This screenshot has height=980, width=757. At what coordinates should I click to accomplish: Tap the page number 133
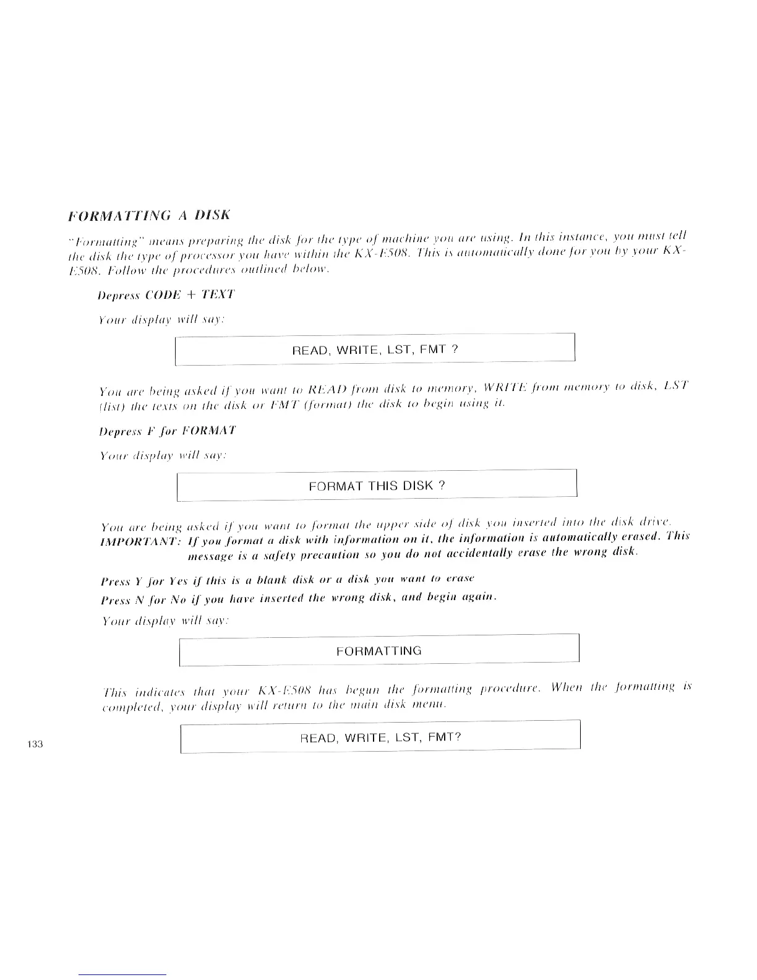pyautogui.click(x=35, y=744)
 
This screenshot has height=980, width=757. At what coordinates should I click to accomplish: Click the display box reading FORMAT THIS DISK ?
pyautogui.click(x=377, y=486)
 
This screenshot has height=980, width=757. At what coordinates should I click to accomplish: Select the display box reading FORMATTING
pyautogui.click(x=378, y=651)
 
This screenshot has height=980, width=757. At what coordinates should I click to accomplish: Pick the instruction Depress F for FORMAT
pyautogui.click(x=167, y=431)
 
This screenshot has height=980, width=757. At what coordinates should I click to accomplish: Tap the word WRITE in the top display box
pyautogui.click(x=354, y=350)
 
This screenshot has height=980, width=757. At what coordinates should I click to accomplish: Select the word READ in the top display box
pyautogui.click(x=309, y=351)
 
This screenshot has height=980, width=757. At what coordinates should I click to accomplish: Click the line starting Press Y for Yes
pyautogui.click(x=287, y=580)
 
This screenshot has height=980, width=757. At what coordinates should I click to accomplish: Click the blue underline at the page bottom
pyautogui.click(x=123, y=974)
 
